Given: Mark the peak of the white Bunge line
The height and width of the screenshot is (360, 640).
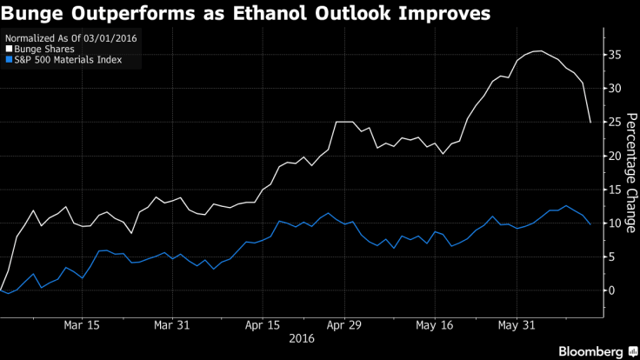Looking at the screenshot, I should (541, 50).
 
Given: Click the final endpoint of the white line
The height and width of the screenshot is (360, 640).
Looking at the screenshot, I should (591, 123).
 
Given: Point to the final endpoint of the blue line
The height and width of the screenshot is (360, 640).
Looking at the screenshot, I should (591, 224).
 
